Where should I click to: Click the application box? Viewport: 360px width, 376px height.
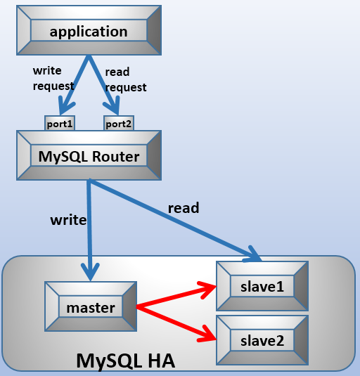coord(89,32)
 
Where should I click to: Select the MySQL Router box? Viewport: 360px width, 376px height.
coord(89,156)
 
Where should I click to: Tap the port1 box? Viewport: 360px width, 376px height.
coord(59,124)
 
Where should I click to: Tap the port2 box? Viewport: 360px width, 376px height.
coord(119,124)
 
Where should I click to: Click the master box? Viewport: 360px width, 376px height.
coord(90,308)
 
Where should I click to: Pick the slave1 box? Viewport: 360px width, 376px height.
coord(262,285)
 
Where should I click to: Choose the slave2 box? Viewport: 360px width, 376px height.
coord(262,340)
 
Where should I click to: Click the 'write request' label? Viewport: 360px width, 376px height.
coord(53,79)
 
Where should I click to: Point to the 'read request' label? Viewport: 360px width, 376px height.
coord(125,80)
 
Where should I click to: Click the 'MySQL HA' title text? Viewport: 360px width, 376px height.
coord(125,361)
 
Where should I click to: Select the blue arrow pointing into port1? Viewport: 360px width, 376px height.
coord(75,85)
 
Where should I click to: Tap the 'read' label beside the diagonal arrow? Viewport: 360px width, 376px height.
coord(183,207)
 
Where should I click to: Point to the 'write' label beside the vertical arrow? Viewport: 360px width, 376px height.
coord(68,220)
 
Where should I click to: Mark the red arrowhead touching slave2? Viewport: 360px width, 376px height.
coord(207,333)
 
